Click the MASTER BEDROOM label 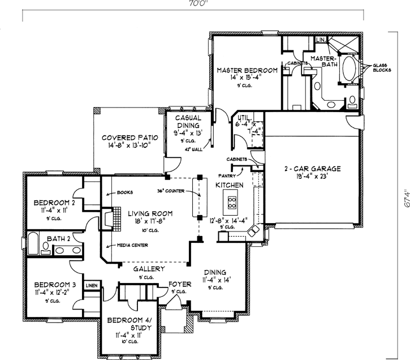point(247,70)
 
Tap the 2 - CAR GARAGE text point(309,169)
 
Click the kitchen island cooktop point(231,199)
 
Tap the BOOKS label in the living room point(124,193)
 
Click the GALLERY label point(149,269)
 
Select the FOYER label point(180,284)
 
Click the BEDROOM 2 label point(54,202)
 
